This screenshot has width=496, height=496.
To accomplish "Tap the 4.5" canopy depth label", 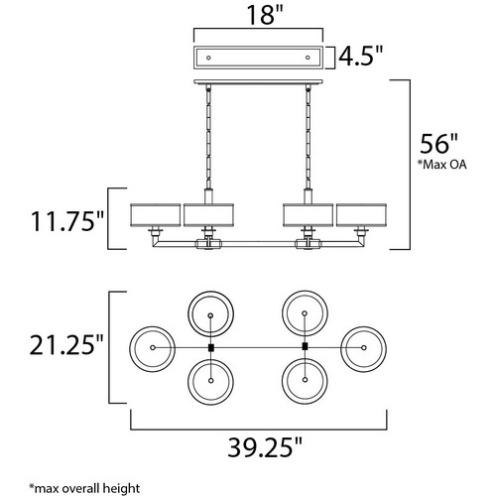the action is coord(360,56).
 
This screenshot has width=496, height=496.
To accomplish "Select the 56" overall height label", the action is coord(439,144).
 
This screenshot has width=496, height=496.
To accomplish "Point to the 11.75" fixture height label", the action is coord(67,221).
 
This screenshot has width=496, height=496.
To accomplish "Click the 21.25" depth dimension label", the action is coord(66,344).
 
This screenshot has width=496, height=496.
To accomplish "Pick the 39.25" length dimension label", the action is coord(265,447).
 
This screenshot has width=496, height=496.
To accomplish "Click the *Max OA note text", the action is coord(441,165).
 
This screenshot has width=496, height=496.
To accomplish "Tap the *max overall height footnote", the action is coord(84,488).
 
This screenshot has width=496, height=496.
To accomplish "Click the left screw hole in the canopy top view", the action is coord(208,58).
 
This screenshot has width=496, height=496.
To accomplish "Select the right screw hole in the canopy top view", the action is coord(308,58).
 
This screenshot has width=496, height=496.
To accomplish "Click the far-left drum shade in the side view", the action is coord(156,215).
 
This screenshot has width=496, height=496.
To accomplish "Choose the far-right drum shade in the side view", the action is coord(361,215).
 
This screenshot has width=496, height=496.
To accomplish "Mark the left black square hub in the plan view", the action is coord(211,347).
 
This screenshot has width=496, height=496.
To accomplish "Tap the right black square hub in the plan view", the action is coord(305,346).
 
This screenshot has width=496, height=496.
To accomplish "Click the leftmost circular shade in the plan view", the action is coord(130,349).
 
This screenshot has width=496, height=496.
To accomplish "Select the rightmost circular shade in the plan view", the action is coord(386,349).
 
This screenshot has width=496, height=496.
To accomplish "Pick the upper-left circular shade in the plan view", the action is coord(188,314).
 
